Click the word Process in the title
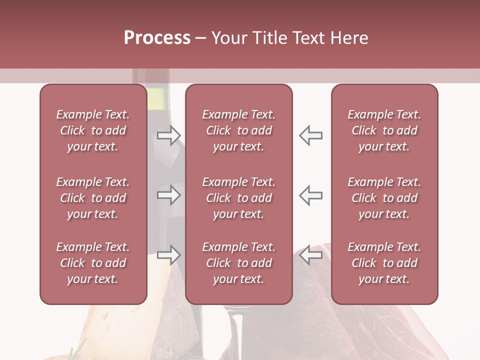coord(157,38)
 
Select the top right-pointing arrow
coord(169,135)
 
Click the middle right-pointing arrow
coord(169,195)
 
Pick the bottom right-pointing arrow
coord(169,255)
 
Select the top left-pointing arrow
coord(310,135)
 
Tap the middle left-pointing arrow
coord(310,195)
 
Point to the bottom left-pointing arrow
coord(310,255)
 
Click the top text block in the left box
coord(93,130)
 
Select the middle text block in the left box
coord(93,198)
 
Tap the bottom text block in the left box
coord(93,263)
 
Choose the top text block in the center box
coord(239,130)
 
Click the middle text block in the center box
coord(239,198)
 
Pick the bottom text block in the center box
coord(239,263)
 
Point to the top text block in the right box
coord(384,130)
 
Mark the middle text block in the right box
coord(384,198)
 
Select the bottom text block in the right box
coord(384,263)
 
